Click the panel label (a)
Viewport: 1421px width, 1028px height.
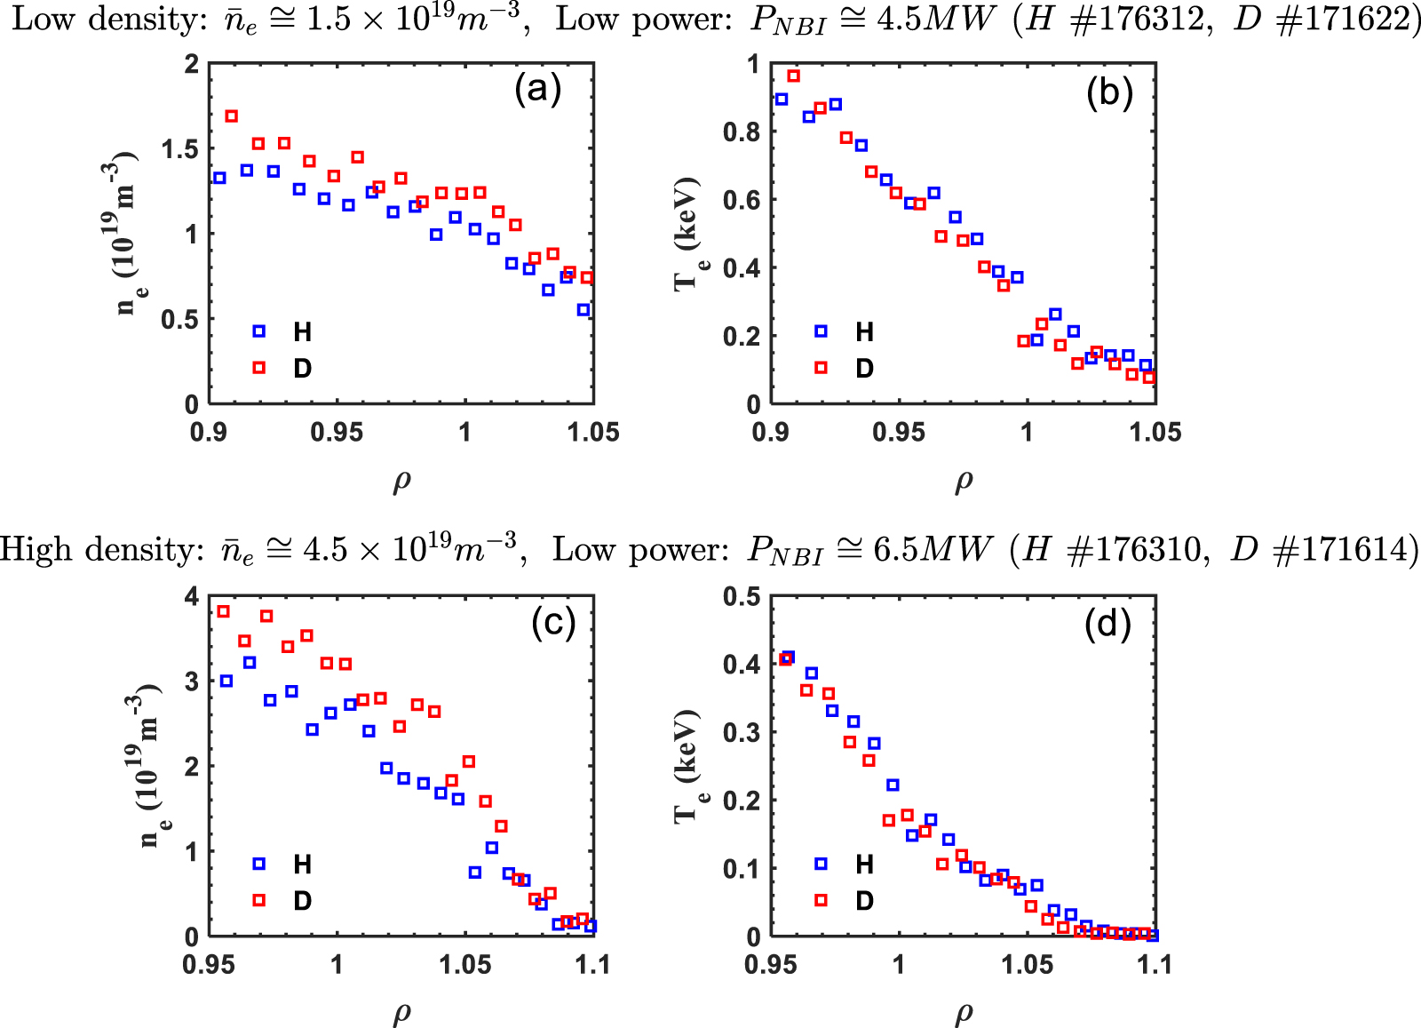538,90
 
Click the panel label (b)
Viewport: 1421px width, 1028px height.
1109,92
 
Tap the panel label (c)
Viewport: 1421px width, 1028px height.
553,623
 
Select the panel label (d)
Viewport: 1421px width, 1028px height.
1107,625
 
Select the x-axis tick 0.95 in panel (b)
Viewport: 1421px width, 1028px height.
899,433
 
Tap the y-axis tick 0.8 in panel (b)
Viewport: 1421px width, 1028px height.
742,131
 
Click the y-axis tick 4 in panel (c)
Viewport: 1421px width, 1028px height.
191,596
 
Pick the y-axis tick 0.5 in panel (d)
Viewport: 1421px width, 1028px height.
742,596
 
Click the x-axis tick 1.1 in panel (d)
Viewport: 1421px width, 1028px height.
1154,964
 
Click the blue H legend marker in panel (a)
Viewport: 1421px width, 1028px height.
258,331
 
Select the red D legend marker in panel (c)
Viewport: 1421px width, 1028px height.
258,900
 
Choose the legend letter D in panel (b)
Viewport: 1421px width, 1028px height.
864,368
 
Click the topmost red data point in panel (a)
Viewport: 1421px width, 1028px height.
232,116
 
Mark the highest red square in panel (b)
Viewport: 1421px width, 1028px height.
794,76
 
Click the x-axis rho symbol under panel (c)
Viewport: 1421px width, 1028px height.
401,1012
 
